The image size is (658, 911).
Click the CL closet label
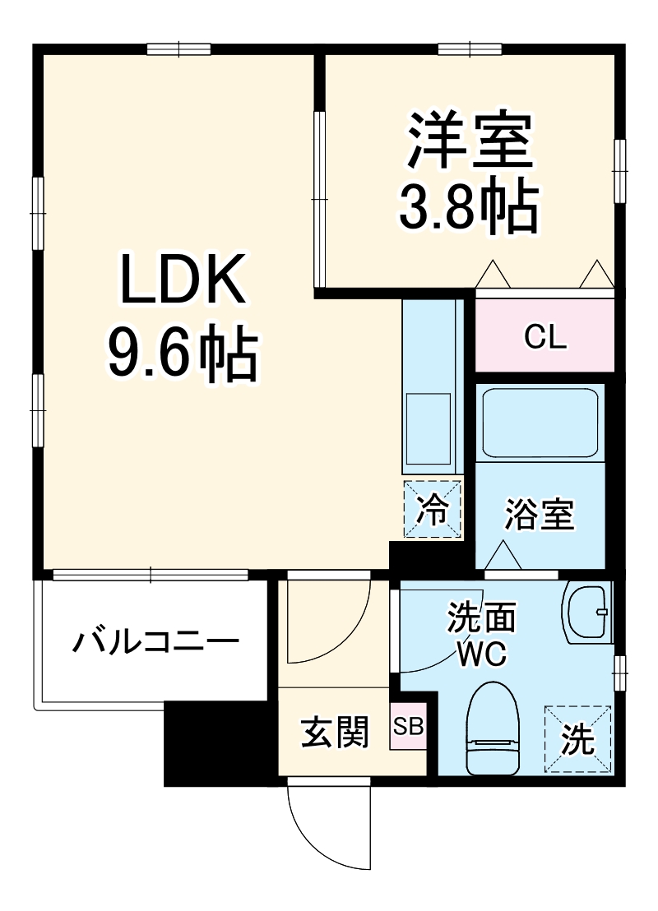click(545, 337)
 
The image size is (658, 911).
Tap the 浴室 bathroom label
click(540, 516)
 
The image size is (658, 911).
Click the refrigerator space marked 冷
click(432, 510)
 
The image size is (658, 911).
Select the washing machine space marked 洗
click(578, 740)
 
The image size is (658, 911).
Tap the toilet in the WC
click(492, 728)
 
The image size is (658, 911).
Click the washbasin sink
click(589, 613)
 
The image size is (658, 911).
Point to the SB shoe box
click(408, 727)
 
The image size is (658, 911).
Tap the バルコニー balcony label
click(156, 642)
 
